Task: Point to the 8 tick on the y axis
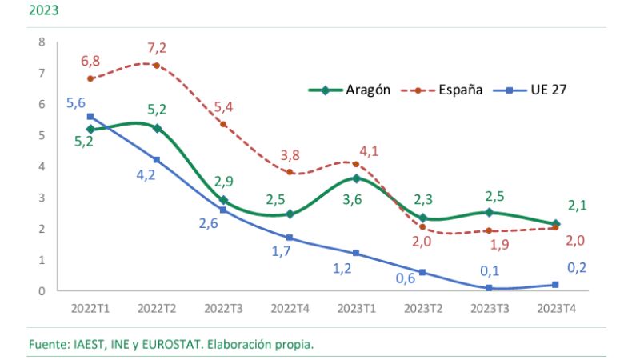[x=41, y=42]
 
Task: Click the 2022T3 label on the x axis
[x=223, y=307]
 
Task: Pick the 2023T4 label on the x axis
[x=555, y=307]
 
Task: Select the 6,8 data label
[x=91, y=61]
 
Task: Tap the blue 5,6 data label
[x=76, y=103]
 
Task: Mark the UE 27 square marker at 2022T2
[x=157, y=160]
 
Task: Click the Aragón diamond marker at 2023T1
[x=356, y=178]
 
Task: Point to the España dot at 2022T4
[x=290, y=172]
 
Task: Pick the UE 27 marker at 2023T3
[x=489, y=287]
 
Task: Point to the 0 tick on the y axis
[x=41, y=291]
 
